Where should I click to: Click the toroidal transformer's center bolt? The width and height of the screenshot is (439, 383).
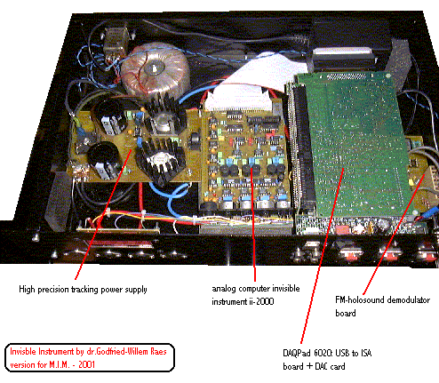pyautogui.click(x=155, y=69)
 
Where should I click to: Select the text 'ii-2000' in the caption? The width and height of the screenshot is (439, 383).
pyautogui.click(x=260, y=301)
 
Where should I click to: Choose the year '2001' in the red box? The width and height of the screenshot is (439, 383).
pyautogui.click(x=86, y=364)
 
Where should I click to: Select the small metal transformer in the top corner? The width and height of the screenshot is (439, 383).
pyautogui.click(x=116, y=42)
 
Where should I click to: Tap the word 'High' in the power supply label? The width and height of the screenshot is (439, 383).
pyautogui.click(x=27, y=289)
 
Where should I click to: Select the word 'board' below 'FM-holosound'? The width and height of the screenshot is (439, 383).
pyautogui.click(x=346, y=313)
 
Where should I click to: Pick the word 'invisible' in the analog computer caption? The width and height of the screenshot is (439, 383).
pyautogui.click(x=286, y=288)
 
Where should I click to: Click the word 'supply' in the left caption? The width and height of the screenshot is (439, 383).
pyautogui.click(x=136, y=290)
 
